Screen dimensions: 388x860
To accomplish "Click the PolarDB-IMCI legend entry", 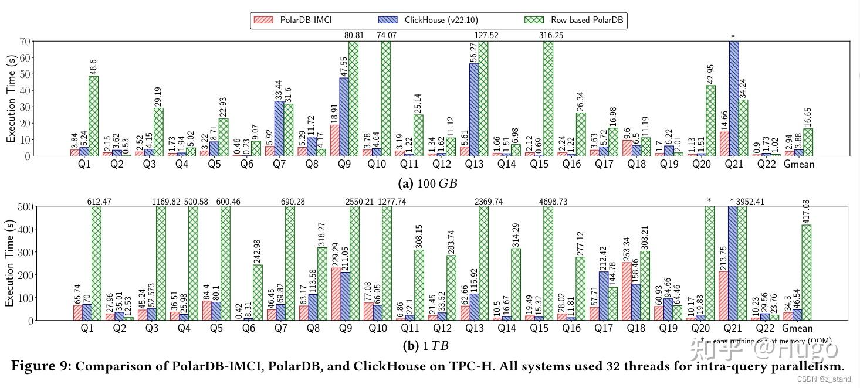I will [x=293, y=20].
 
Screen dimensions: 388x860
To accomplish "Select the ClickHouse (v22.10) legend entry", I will [x=434, y=20].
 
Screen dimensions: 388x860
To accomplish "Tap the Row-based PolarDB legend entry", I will [x=574, y=20].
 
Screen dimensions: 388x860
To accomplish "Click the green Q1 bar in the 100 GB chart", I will [x=93, y=116].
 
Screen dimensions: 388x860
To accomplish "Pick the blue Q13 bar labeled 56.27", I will [x=474, y=110].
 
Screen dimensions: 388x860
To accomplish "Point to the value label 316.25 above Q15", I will [x=552, y=35].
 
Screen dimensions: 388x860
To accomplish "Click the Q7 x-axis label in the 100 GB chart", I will [x=279, y=165].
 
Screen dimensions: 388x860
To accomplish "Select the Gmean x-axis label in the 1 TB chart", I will [x=798, y=329].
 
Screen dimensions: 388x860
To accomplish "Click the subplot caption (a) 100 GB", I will [x=428, y=183].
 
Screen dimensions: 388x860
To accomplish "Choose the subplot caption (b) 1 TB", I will [x=426, y=346].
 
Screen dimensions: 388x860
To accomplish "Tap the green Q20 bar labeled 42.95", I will [x=710, y=121].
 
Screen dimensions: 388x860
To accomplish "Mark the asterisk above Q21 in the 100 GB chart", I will [x=733, y=37].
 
